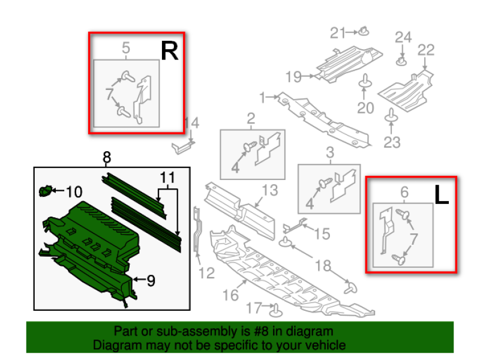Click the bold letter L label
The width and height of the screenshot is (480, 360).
pos(441,194)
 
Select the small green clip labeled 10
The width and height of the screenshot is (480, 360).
pos(44,191)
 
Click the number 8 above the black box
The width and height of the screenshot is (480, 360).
pos(107,158)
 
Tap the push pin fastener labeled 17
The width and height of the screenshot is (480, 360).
pos(277,310)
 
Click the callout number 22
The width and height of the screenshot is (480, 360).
pos(425,50)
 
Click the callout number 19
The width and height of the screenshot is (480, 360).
pos(293,76)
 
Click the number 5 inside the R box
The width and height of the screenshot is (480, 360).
pos(126,48)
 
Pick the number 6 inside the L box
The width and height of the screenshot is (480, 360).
pos(404,192)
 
